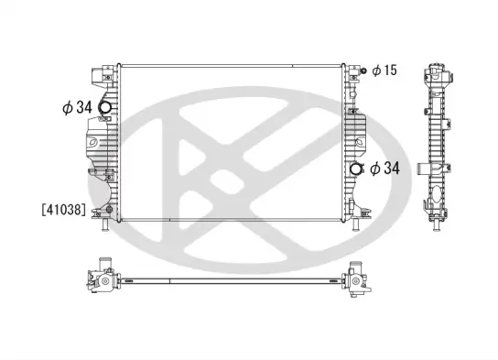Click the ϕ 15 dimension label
[384, 71]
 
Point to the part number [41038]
[63, 210]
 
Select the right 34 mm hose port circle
[355, 168]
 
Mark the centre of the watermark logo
[249, 174]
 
